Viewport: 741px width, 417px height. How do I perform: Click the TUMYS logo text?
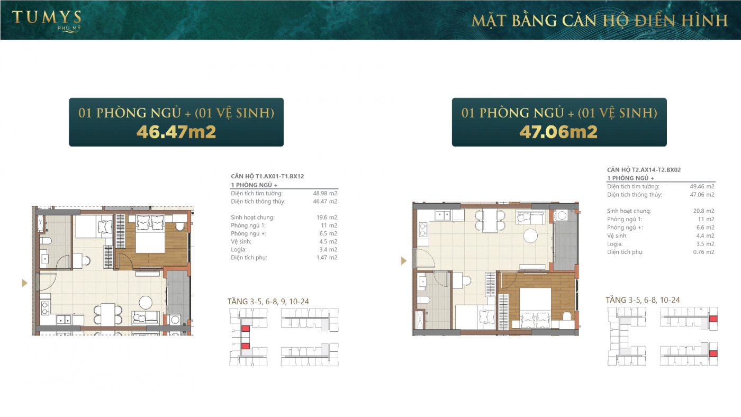[47, 17]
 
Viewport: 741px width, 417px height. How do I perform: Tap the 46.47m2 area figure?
[176, 131]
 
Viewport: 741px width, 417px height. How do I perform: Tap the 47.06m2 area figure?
[558, 131]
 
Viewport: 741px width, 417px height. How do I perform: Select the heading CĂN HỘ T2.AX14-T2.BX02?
[644, 170]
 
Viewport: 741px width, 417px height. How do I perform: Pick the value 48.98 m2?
[325, 193]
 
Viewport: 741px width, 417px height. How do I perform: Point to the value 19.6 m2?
[327, 217]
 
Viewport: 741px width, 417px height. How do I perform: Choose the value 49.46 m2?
[702, 187]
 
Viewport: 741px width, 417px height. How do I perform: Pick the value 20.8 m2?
[704, 211]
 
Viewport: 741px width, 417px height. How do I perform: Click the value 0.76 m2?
[703, 252]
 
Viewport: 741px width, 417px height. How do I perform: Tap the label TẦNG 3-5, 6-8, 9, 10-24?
[268, 302]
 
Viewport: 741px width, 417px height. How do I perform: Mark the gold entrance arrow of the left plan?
[24, 283]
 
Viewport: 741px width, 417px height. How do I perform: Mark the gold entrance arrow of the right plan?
[404, 260]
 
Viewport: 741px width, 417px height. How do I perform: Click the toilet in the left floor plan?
[46, 241]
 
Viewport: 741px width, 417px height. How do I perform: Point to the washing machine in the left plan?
[175, 320]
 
